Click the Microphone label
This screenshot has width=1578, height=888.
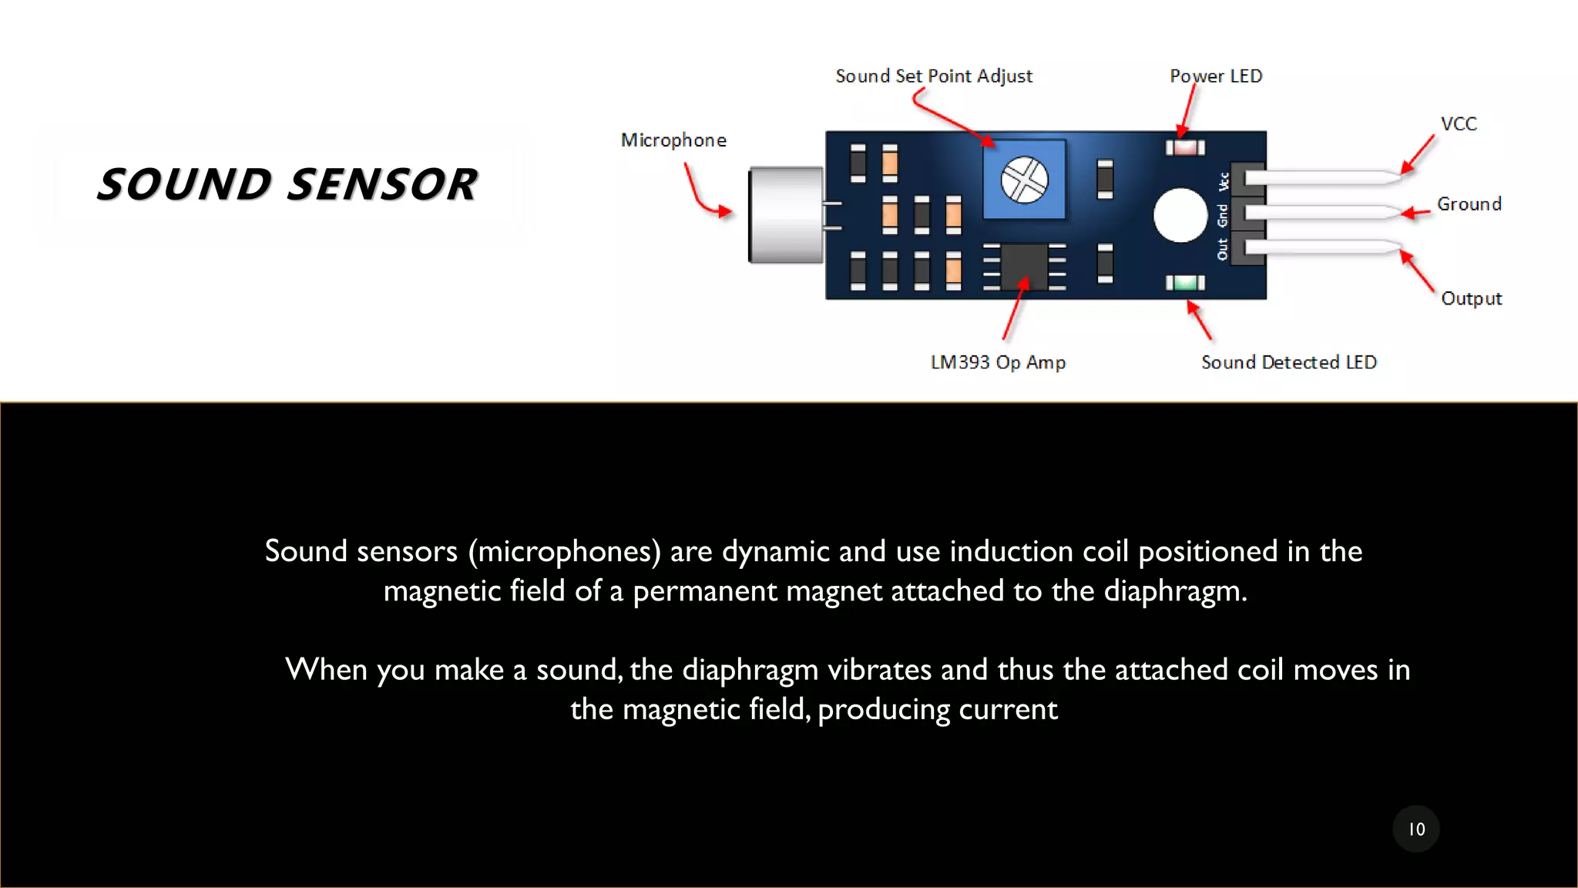click(x=673, y=140)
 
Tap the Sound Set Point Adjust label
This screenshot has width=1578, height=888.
click(x=933, y=76)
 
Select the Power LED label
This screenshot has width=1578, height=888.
click(x=1215, y=76)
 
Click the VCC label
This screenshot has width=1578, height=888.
click(x=1458, y=124)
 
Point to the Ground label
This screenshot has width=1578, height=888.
click(x=1469, y=204)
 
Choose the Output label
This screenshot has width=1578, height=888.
click(x=1471, y=299)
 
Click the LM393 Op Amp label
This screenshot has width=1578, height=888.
click(x=998, y=362)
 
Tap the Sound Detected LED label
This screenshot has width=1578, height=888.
click(x=1288, y=362)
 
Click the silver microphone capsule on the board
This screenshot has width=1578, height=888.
click(x=785, y=215)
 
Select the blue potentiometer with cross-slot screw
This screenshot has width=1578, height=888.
click(x=1024, y=180)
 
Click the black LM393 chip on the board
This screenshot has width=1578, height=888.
click(x=1024, y=267)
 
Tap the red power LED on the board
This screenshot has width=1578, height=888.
click(x=1185, y=147)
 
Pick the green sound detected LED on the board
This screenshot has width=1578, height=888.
click(x=1185, y=283)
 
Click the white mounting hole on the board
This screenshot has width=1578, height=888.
click(x=1180, y=215)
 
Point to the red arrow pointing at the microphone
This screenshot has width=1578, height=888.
click(x=704, y=196)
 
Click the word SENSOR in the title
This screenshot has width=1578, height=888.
click(x=383, y=185)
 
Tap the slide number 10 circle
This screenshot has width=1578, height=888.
click(x=1415, y=829)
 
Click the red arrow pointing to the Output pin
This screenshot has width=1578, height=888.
click(x=1417, y=271)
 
